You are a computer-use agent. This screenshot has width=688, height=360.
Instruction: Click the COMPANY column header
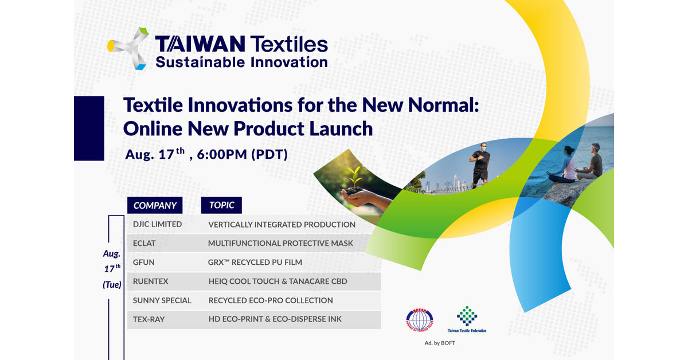coord(155,205)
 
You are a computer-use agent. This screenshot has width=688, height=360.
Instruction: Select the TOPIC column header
coord(221,205)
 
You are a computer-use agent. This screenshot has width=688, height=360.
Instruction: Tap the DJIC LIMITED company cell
coord(157,224)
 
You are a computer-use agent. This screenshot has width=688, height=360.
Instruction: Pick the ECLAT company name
coord(144,243)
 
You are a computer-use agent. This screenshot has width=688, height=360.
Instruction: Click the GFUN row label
coord(144,262)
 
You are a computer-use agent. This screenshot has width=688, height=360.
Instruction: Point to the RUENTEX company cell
coord(150,281)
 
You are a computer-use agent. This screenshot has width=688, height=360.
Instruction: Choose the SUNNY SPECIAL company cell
coord(162,300)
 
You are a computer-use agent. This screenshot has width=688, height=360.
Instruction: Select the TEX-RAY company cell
coord(148,319)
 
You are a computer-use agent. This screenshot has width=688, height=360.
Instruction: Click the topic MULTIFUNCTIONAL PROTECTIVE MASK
coord(280,243)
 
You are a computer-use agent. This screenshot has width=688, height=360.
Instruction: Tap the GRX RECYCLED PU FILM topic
coord(255,262)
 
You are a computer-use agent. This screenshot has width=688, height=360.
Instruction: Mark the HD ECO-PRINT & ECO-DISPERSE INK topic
coord(275,319)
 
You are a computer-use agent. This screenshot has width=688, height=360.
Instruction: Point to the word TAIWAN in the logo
coord(200,44)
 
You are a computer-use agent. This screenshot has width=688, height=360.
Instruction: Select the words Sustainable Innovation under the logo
coord(241,62)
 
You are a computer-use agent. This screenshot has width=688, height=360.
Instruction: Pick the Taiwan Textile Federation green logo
coord(467,316)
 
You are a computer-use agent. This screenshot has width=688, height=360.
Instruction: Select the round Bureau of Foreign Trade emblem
coord(420,320)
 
